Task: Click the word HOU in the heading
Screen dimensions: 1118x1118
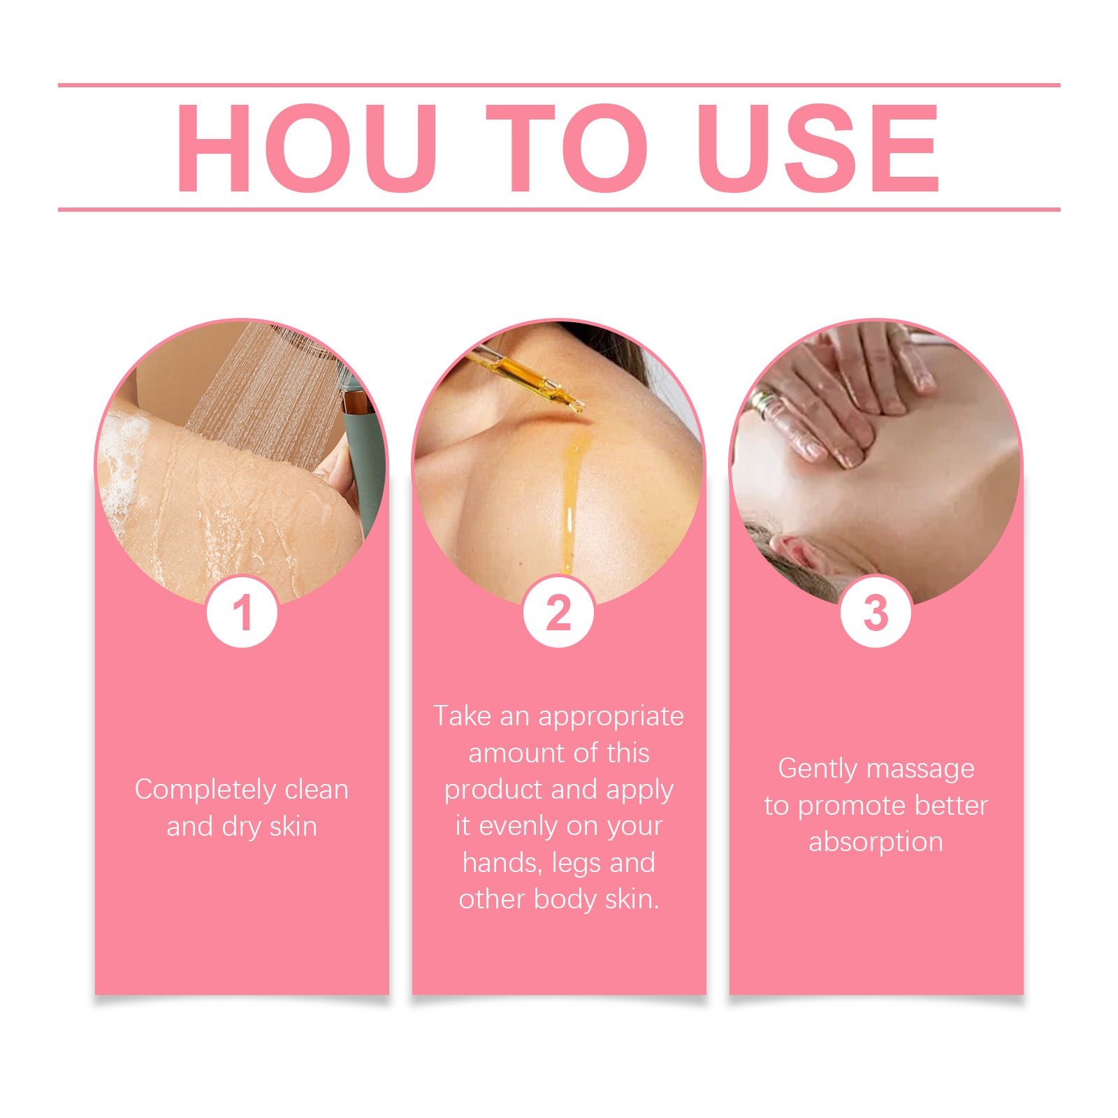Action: (307, 148)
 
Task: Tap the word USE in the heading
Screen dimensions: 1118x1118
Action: (818, 148)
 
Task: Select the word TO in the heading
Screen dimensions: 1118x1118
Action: (567, 148)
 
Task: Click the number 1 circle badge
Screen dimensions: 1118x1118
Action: (242, 612)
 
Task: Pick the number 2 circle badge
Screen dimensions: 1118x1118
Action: (559, 612)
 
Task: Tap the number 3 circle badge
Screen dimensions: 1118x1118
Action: (876, 612)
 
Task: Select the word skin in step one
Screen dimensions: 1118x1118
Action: (293, 827)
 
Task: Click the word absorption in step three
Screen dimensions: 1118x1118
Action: (876, 843)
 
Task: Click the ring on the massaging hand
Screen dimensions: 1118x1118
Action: (764, 405)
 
